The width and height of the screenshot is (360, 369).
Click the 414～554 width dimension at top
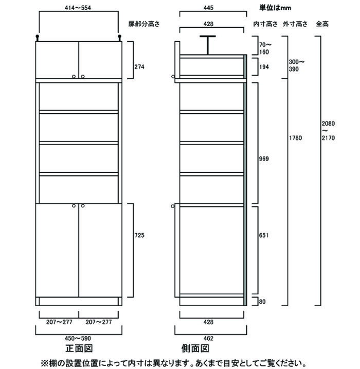coord(78,8)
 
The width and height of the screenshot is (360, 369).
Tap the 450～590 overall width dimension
coord(78,339)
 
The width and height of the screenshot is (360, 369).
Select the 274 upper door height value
coord(139,67)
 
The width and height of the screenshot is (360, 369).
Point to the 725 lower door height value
coord(139,235)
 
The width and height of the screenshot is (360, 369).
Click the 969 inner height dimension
coord(264,159)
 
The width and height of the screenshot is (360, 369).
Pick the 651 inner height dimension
coord(264,235)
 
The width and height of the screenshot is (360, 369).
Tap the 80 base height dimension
coord(262,302)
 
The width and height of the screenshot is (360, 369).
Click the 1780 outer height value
coord(295,138)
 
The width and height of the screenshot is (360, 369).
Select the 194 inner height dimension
coord(264,67)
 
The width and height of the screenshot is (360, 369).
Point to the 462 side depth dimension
coord(208,339)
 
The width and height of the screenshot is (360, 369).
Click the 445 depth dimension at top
coord(208,8)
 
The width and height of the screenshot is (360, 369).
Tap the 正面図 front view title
coord(79,348)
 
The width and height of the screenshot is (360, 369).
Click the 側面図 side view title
coord(195,348)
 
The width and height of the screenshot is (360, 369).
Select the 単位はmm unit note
coord(275,8)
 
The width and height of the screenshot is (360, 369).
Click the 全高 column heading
coord(322,24)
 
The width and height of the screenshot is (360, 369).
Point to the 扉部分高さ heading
coord(144,24)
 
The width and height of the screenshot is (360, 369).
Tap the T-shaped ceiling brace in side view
coord(208,45)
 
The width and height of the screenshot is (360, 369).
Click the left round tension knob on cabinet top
coord(38,38)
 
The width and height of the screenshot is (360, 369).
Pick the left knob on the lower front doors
coord(74,206)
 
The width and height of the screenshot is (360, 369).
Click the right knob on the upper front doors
coord(82,77)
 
